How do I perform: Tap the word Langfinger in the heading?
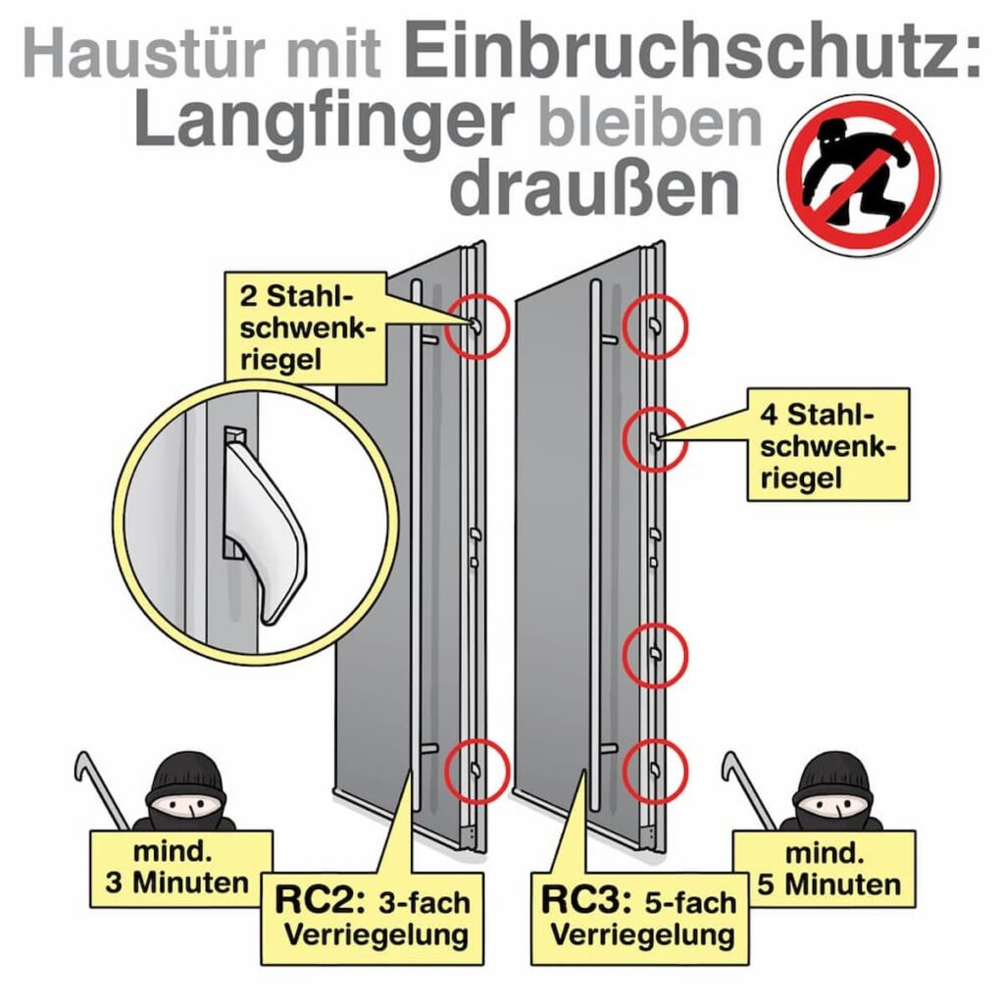click(324, 123)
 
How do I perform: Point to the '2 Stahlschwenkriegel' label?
click(307, 327)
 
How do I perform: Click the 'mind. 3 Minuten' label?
click(177, 867)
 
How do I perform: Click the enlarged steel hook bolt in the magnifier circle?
click(260, 530)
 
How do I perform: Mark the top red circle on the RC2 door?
click(477, 326)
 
